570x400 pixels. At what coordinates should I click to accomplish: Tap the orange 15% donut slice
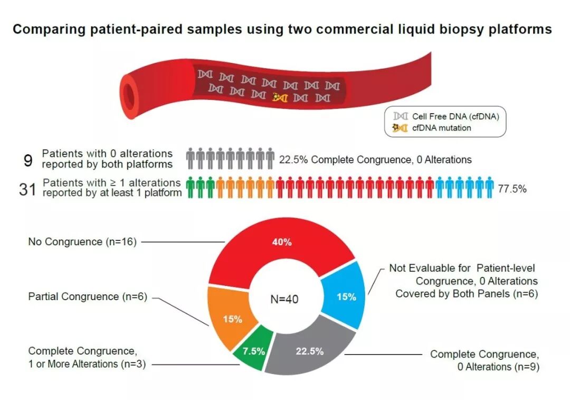(x=232, y=319)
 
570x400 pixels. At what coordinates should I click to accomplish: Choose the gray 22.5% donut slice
(x=309, y=351)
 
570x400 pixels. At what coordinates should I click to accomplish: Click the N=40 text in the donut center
(x=285, y=299)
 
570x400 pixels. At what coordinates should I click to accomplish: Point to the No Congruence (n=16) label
(x=82, y=242)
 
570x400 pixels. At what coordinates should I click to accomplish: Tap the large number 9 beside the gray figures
(x=28, y=160)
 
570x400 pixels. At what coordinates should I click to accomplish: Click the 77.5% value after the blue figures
(x=512, y=189)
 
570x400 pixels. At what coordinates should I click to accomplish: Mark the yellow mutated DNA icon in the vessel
(x=280, y=97)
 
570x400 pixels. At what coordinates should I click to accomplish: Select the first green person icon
(x=191, y=188)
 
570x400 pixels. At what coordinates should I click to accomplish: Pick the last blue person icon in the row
(x=489, y=188)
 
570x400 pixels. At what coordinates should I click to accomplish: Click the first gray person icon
(x=191, y=158)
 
